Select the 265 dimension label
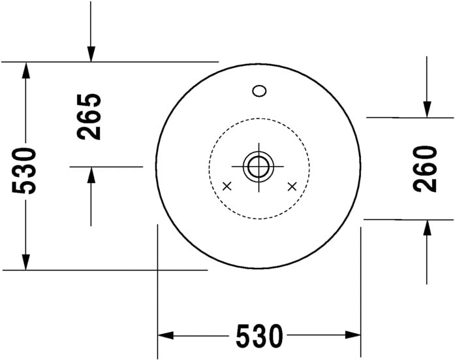(x=89, y=117)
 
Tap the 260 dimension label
(x=425, y=169)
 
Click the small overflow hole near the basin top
(x=259, y=90)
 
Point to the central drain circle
(x=259, y=166)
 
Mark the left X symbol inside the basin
(x=227, y=186)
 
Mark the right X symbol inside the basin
(x=291, y=186)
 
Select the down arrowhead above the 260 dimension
(x=427, y=109)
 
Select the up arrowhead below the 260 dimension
(x=427, y=228)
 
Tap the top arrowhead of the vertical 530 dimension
(x=25, y=71)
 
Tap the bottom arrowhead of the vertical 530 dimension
(x=25, y=261)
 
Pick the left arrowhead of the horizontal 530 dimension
(x=166, y=336)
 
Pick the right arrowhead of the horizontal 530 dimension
(x=353, y=336)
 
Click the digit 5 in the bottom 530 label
(x=242, y=336)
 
